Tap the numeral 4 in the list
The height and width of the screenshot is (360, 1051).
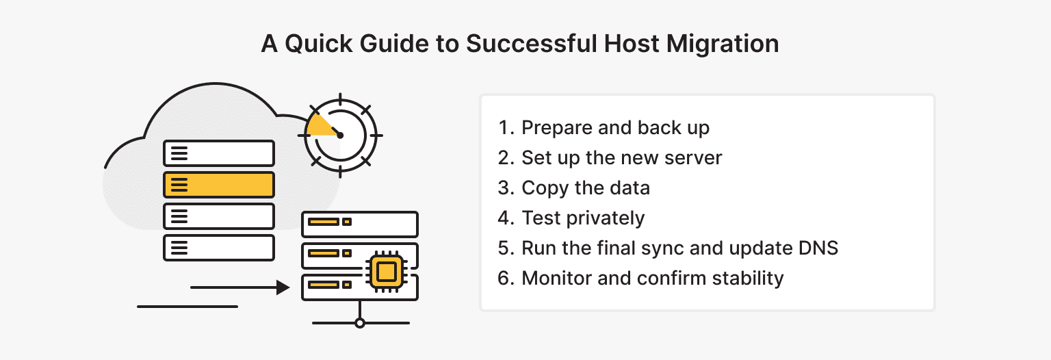point(505,218)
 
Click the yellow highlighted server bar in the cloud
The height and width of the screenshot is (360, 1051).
point(218,185)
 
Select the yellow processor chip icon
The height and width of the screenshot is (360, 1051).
point(386,272)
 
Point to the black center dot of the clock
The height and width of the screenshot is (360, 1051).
point(340,136)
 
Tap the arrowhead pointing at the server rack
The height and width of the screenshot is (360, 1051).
point(283,287)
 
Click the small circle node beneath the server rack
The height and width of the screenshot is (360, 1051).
point(360,322)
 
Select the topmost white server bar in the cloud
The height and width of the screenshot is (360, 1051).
point(218,153)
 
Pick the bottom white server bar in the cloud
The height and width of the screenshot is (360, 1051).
point(218,247)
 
